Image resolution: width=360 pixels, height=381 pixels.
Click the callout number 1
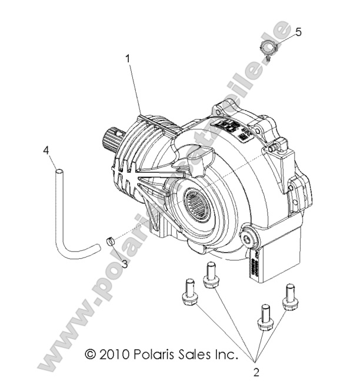127,58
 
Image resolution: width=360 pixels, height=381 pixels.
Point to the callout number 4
45,151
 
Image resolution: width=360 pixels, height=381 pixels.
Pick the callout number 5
298,32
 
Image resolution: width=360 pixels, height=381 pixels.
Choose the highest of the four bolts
211,275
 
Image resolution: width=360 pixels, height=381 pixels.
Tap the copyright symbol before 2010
90,355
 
